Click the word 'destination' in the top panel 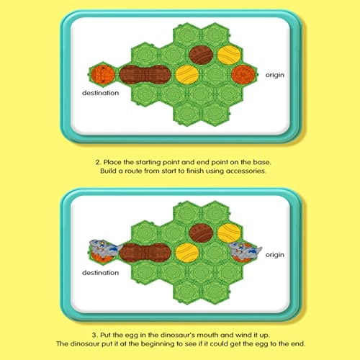pos(100,92)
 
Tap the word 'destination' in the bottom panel pos(100,274)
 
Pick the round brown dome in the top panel pos(199,53)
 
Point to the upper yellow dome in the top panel pos(228,53)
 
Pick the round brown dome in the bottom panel pos(199,233)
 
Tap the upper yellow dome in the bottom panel pos(228,233)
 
